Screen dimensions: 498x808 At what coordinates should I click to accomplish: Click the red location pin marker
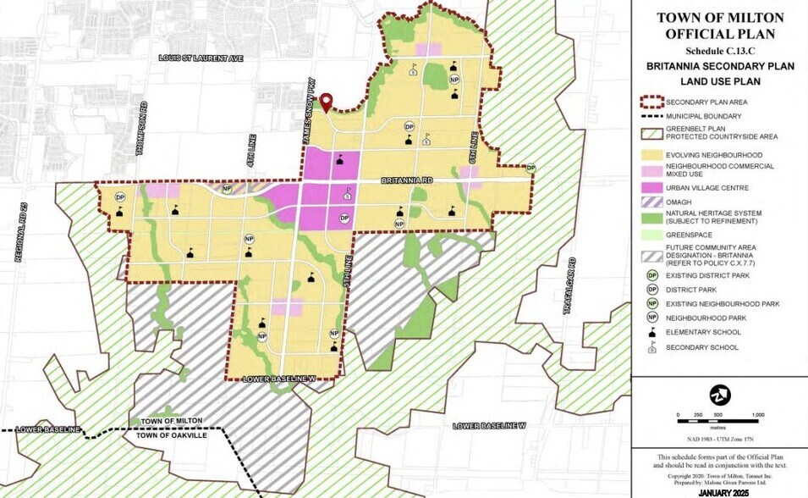[326, 102]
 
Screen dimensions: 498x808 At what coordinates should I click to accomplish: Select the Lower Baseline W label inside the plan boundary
[278, 380]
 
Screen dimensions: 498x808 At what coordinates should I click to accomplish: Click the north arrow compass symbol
[719, 394]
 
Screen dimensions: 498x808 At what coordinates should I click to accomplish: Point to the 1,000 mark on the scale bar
[758, 415]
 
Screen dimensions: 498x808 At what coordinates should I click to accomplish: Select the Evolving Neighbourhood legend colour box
[651, 155]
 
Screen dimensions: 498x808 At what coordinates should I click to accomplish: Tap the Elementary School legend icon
[651, 332]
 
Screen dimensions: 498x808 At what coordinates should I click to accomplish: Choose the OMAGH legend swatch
[651, 200]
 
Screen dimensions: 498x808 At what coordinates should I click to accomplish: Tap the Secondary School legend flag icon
[651, 347]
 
